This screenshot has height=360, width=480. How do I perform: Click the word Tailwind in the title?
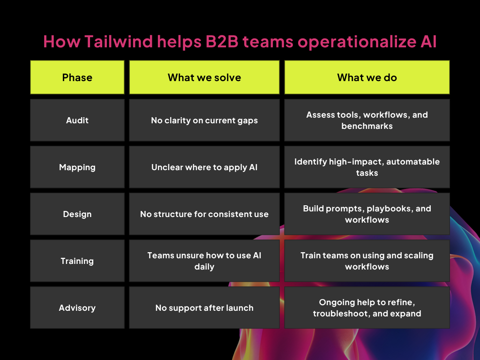click(x=119, y=41)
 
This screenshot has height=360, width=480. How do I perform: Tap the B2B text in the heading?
click(x=222, y=41)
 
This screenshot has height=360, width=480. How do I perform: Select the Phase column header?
click(x=77, y=77)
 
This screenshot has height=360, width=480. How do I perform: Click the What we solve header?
click(x=204, y=77)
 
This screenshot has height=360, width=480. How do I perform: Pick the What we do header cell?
click(x=367, y=77)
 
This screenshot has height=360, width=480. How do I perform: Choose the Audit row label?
click(x=77, y=120)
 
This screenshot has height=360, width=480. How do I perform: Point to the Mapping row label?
click(x=77, y=167)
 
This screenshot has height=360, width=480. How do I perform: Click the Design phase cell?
click(x=77, y=214)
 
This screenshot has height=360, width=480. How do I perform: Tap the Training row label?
click(x=77, y=261)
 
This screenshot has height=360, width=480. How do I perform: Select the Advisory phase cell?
click(x=77, y=307)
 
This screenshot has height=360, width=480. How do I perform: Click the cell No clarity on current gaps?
click(x=204, y=120)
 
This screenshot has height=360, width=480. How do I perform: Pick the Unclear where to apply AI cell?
click(x=204, y=167)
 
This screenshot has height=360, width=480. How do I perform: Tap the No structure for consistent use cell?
click(x=204, y=214)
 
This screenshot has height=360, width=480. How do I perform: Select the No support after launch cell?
click(x=204, y=307)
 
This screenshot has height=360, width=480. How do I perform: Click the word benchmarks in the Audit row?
click(x=367, y=126)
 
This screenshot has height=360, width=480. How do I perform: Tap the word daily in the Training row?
click(x=204, y=267)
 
